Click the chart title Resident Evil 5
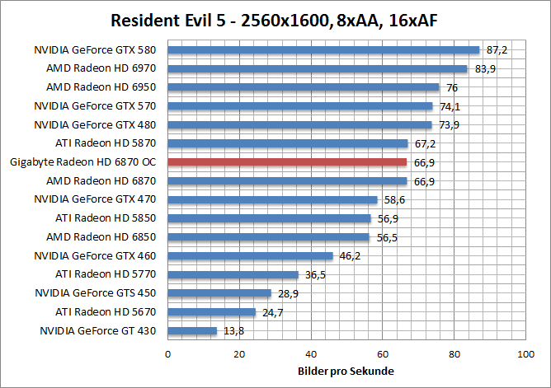[x=275, y=19]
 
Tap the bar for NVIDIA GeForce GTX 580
[x=323, y=49]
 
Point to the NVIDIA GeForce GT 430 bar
[x=192, y=330]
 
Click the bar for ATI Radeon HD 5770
[x=233, y=274]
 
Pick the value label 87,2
[x=497, y=50]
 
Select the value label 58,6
[x=393, y=199]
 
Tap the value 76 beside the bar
[x=452, y=87]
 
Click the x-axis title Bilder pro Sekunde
[x=346, y=371]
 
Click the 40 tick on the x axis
[x=311, y=354]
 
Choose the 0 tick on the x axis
[x=168, y=354]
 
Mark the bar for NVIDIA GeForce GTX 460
[x=250, y=255]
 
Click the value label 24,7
[x=272, y=312]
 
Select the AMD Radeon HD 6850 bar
[x=269, y=236]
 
